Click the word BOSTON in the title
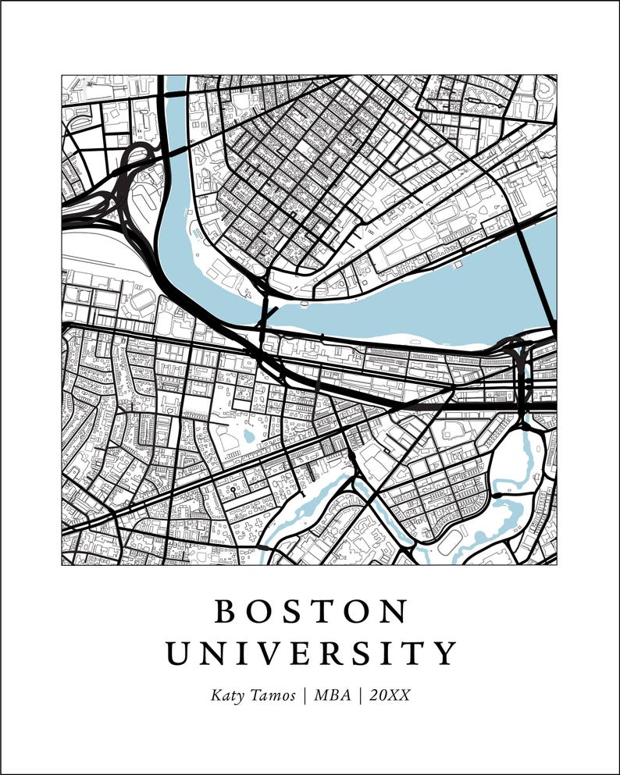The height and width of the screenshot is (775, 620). pyautogui.click(x=311, y=612)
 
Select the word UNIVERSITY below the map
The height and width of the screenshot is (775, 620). pyautogui.click(x=311, y=653)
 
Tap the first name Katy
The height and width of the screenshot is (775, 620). pyautogui.click(x=226, y=695)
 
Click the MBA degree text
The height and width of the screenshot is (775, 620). pyautogui.click(x=332, y=695)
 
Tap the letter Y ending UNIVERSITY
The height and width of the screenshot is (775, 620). pyautogui.click(x=446, y=653)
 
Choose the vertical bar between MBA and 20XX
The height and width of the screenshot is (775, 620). pyautogui.click(x=361, y=695)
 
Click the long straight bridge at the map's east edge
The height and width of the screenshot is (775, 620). pyautogui.click(x=536, y=273)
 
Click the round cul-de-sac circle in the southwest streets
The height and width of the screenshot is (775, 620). pyautogui.click(x=233, y=491)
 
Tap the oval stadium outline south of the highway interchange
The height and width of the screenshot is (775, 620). pyautogui.click(x=142, y=299)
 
